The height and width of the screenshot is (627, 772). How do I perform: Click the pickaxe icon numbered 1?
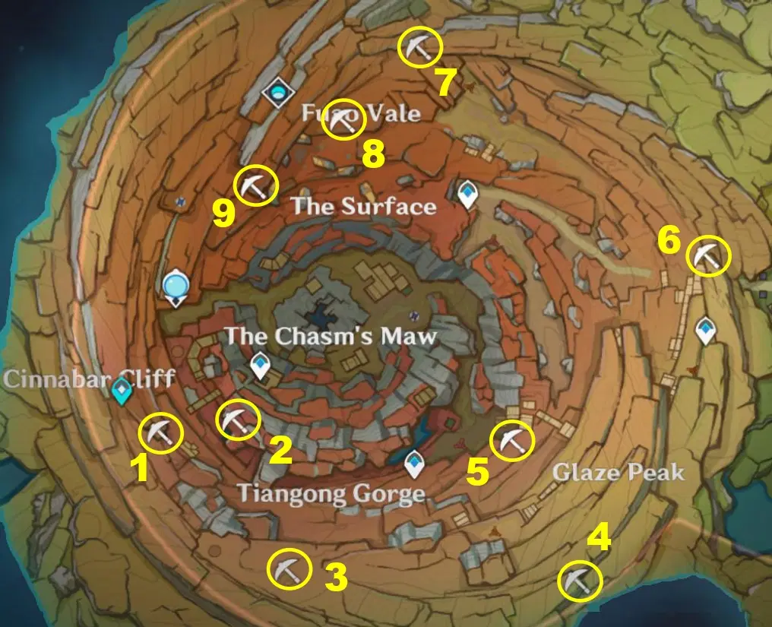[161, 434]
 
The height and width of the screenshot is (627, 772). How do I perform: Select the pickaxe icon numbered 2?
[239, 420]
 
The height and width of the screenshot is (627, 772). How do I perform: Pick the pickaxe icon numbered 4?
[580, 583]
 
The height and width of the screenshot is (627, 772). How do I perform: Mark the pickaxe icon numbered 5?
[512, 441]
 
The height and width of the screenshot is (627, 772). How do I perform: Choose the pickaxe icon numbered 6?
[708, 256]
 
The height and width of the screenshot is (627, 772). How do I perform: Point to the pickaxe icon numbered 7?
[420, 47]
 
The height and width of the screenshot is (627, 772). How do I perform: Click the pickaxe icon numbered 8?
[343, 119]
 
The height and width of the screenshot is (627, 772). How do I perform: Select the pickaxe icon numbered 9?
[255, 186]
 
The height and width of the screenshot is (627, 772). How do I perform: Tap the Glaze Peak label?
[618, 473]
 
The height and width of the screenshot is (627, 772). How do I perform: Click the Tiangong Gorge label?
[331, 494]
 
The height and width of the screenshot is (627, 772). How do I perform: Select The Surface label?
[364, 206]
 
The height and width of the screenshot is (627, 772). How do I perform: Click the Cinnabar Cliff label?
[89, 378]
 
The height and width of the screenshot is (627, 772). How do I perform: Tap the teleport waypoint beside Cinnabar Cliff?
[121, 392]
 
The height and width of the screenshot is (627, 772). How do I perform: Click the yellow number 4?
[600, 539]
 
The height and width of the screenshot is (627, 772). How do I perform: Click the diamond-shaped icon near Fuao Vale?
[277, 93]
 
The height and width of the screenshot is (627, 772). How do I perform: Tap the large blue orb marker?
[176, 287]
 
